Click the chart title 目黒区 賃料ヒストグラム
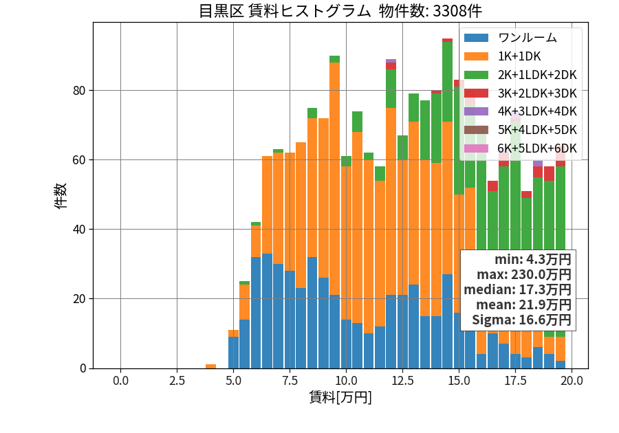tap(284, 11)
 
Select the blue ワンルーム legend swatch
tap(476, 38)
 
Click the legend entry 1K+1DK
tap(519, 56)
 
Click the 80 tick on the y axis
tap(79, 91)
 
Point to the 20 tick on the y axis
tap(79, 299)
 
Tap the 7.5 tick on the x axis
tap(290, 381)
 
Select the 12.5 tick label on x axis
tap(402, 381)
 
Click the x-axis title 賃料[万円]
tap(340, 397)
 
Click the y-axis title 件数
tap(61, 196)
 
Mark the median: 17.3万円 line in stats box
tap(517, 289)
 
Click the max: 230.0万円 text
tap(524, 274)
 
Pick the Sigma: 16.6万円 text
tap(521, 320)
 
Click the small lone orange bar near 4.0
tap(211, 366)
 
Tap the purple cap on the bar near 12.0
tap(391, 60)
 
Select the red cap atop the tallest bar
tap(447, 41)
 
